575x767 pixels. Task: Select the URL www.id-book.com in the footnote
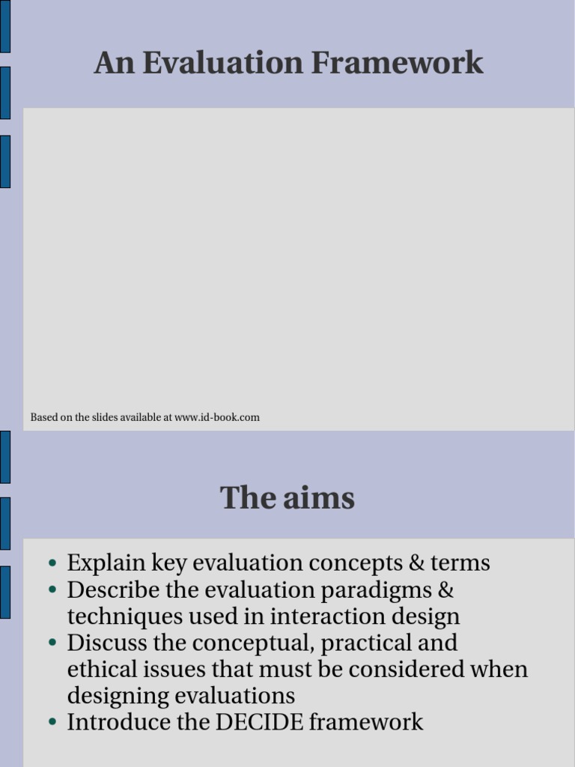[217, 417]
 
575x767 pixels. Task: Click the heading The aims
[287, 498]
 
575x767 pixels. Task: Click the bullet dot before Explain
[52, 563]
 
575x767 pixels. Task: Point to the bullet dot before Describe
[52, 590]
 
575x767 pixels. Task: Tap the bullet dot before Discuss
[52, 643]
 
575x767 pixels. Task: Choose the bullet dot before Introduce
[52, 723]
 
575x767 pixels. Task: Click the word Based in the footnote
[43, 417]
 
